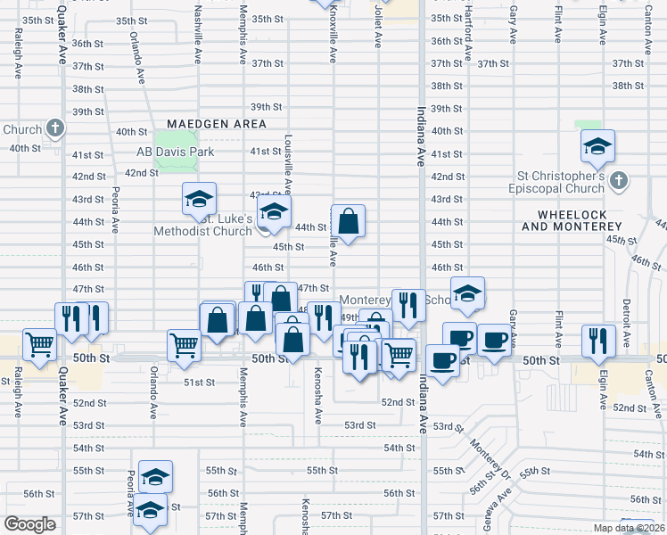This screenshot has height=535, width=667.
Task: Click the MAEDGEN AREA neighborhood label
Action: [216, 124]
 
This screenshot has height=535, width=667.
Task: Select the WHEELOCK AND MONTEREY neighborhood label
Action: [577, 220]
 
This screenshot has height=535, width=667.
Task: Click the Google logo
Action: [29, 523]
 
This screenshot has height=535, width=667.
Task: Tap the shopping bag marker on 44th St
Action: [348, 221]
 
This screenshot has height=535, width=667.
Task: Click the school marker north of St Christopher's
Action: [597, 145]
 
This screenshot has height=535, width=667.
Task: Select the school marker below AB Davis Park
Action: [199, 199]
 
